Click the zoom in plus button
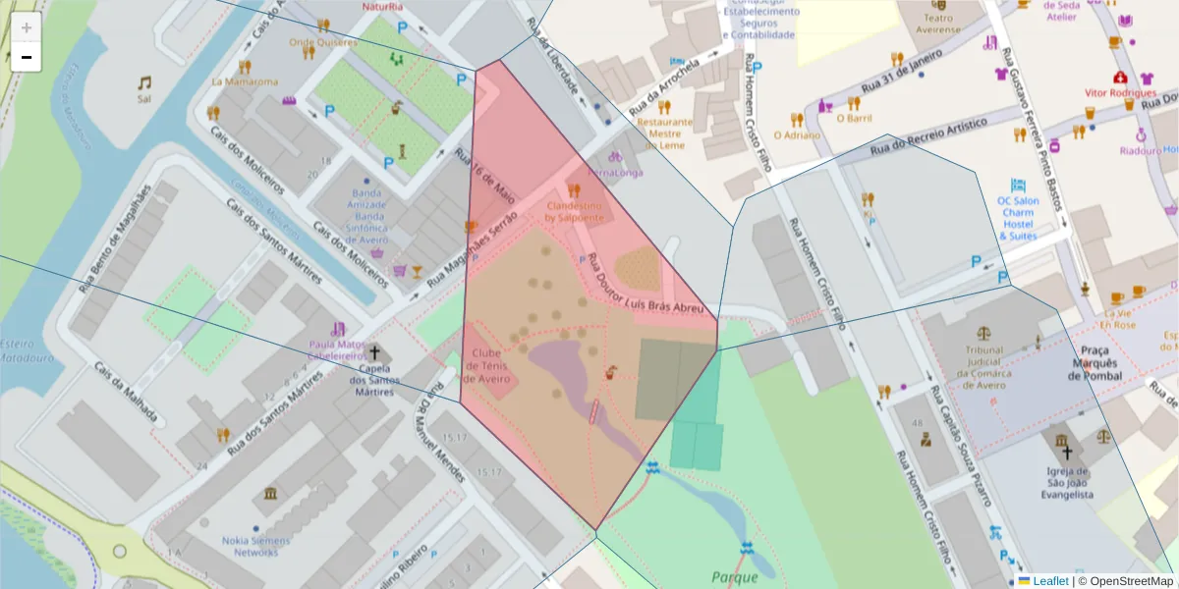pos(27,27)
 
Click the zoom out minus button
pos(27,58)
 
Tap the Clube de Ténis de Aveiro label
pos(487,366)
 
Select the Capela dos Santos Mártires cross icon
pos(374,351)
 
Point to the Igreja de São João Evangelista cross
pos(1067,453)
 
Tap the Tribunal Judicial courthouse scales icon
pos(983,334)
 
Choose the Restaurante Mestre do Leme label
pos(665,134)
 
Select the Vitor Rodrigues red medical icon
pos(1119,78)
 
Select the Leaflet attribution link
pos(1049,581)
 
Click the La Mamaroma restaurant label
pos(245,82)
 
